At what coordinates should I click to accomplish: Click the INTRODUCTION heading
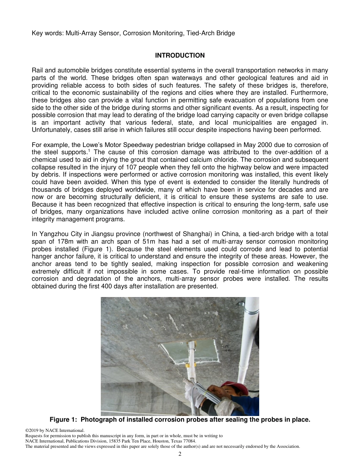(180, 56)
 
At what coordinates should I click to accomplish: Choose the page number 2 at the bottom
(180, 454)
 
